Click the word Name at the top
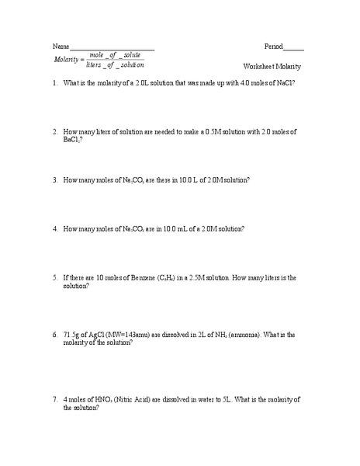pos(61,47)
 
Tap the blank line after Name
pos(112,49)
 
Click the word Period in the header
pos(274,47)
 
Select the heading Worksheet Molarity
pos(272,67)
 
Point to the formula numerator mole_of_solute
pos(115,54)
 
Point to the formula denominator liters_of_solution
pos(115,65)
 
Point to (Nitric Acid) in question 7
pos(135,399)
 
